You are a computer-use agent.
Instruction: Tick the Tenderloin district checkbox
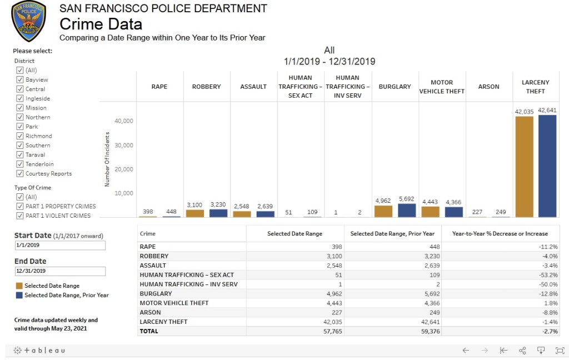[x=20, y=164]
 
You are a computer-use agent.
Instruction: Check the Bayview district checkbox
[x=20, y=79]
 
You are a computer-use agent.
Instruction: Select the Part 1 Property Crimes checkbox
[x=20, y=206]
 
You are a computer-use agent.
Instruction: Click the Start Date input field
[x=59, y=246]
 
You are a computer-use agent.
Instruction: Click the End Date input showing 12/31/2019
[x=59, y=271]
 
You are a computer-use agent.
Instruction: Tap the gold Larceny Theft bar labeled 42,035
[x=524, y=167]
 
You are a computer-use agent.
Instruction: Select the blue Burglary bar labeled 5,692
[x=407, y=211]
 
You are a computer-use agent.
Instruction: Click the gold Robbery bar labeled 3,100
[x=194, y=213]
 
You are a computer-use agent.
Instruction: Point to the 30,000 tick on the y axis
[x=124, y=145]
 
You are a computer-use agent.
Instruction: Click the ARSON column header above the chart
[x=489, y=87]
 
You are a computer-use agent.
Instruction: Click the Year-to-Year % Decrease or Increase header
[x=500, y=234]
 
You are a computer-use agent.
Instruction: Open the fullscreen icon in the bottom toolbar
[x=559, y=351]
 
